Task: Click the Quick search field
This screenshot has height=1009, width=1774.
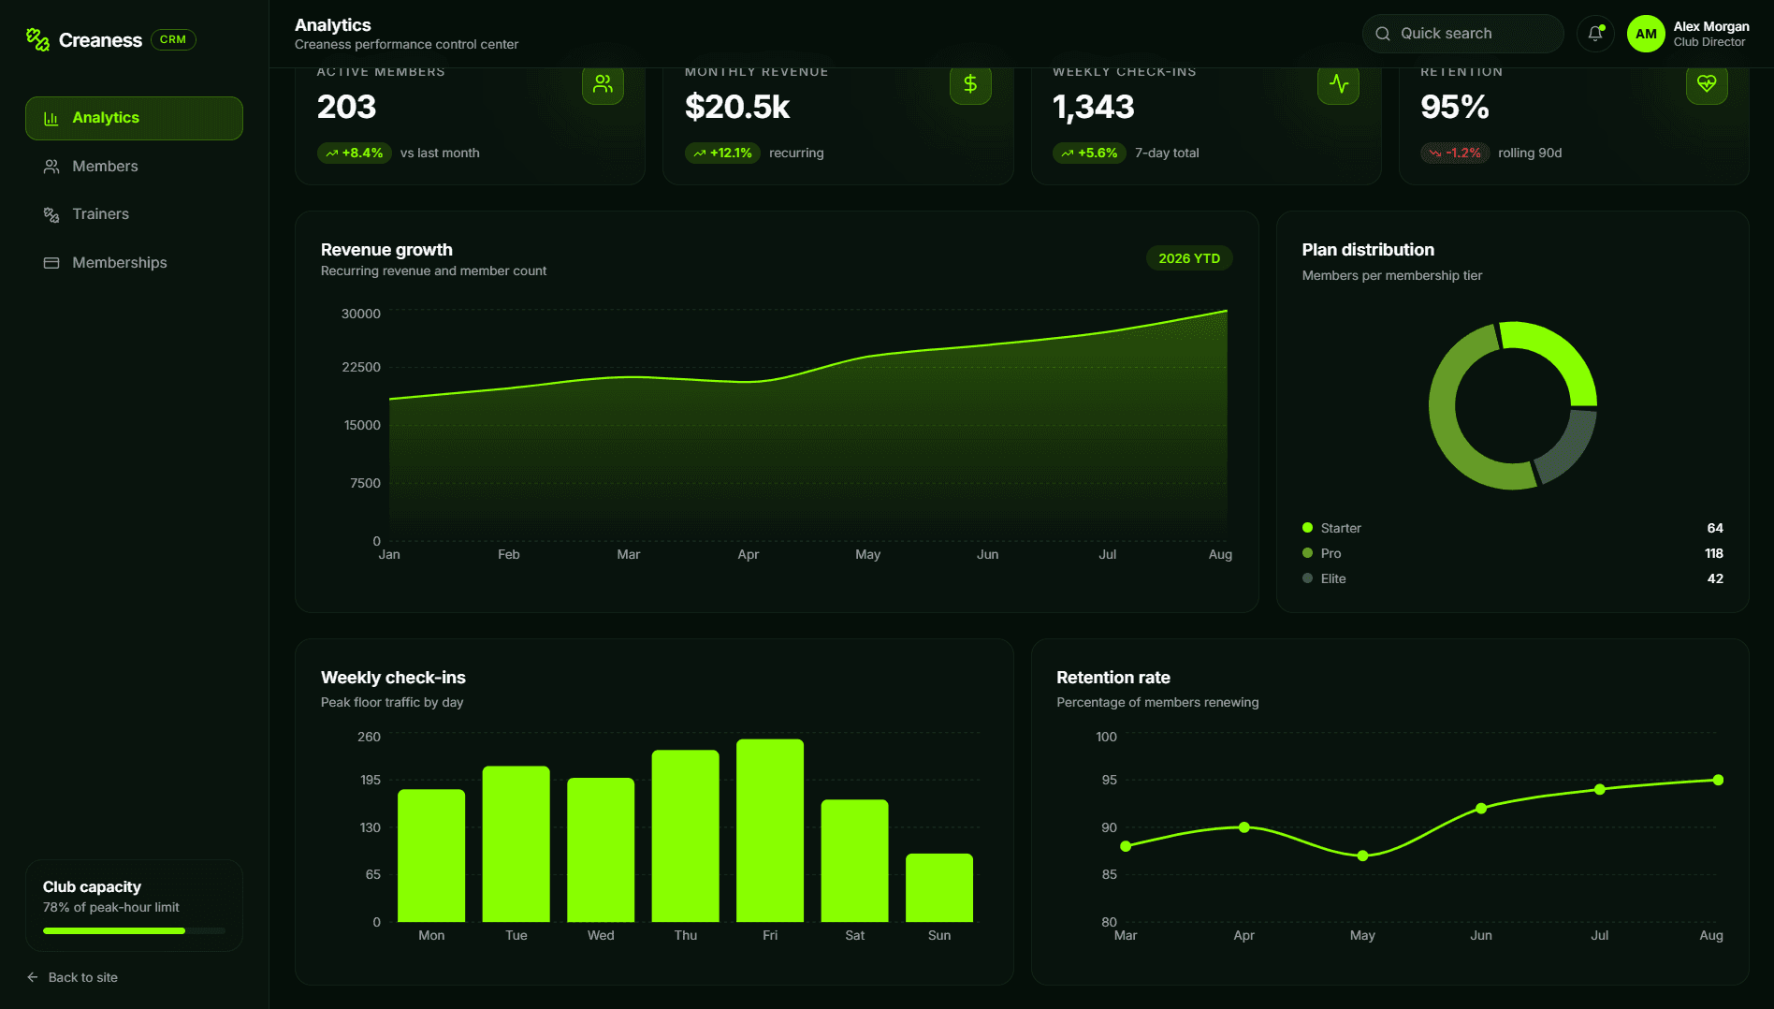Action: click(1462, 34)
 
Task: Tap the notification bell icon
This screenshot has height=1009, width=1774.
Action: click(1595, 34)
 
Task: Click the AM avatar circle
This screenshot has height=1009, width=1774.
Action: click(1646, 34)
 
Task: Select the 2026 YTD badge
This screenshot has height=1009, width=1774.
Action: click(1189, 258)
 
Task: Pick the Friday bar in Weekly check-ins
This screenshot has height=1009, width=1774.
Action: click(770, 831)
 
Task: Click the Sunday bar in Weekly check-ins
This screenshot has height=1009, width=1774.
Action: click(939, 888)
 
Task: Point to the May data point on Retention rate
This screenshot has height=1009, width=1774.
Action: click(1362, 855)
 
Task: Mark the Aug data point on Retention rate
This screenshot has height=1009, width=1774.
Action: click(1718, 780)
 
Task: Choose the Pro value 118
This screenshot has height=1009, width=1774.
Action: click(1714, 553)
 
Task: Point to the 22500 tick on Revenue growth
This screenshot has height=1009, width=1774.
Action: click(361, 367)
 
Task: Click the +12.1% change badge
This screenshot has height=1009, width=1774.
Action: click(722, 153)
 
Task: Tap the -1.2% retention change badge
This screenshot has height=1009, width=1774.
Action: click(1455, 153)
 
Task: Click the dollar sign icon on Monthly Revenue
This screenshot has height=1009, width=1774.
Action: click(970, 84)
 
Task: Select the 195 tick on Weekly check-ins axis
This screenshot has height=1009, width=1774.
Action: click(371, 780)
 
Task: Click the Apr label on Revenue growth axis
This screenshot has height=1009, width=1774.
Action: click(748, 554)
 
